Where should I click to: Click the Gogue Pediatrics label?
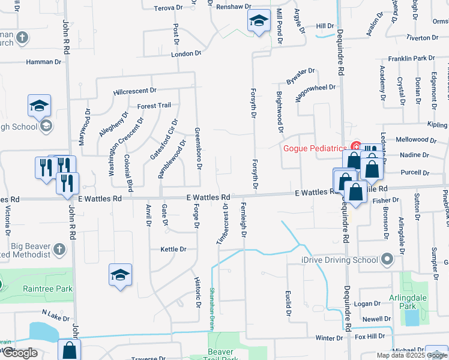tap(315, 148)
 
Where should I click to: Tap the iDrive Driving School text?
tap(339, 260)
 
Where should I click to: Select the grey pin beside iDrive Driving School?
tap(387, 260)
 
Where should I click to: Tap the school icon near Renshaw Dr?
tap(258, 22)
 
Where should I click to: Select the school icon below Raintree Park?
tap(120, 275)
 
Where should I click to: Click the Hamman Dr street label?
tap(44, 62)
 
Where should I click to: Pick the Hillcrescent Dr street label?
tap(134, 91)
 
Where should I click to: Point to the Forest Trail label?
tap(154, 106)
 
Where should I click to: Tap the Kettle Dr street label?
tap(173, 249)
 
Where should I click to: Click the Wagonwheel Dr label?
tap(315, 88)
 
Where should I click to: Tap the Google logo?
tap(20, 353)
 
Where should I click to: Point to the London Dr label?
tap(186, 53)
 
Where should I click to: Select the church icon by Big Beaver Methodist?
tap(59, 249)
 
